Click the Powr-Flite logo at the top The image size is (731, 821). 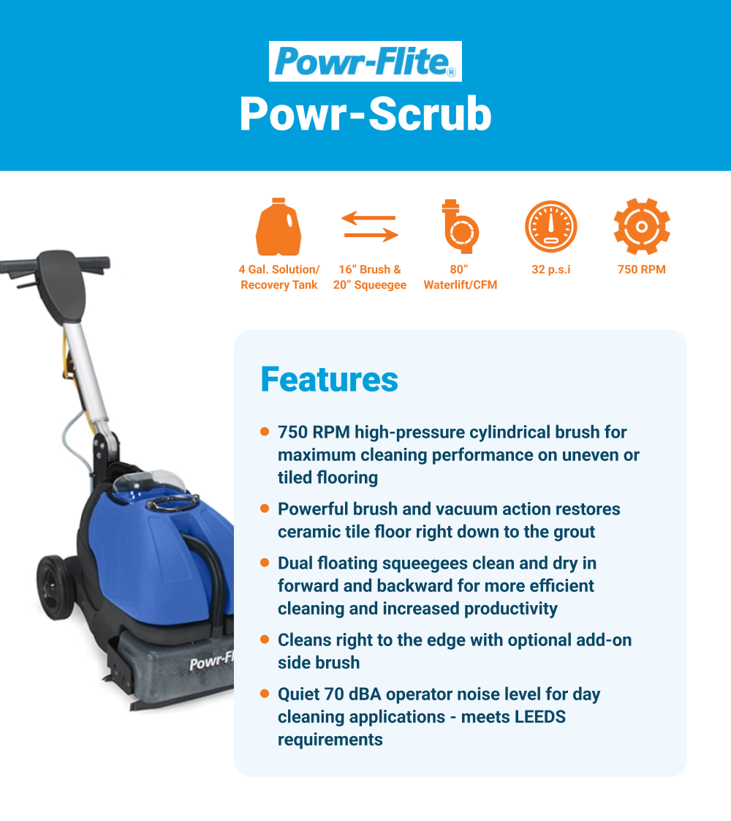tap(365, 61)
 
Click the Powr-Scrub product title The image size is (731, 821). tap(365, 113)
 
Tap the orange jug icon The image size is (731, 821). tap(279, 227)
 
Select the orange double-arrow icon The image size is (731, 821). tap(370, 226)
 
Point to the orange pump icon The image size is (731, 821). tap(460, 226)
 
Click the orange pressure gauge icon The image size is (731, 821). tap(551, 227)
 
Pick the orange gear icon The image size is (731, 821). tap(642, 227)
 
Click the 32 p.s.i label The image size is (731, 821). tap(551, 270)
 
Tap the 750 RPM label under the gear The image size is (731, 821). tap(642, 270)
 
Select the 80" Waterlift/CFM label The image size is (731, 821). tap(460, 277)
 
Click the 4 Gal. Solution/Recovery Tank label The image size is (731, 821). tap(279, 277)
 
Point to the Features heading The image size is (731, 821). tap(330, 380)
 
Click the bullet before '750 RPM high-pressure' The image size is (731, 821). tap(265, 432)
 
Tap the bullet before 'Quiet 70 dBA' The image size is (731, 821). tap(265, 694)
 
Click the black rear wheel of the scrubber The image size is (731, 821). tap(56, 588)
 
